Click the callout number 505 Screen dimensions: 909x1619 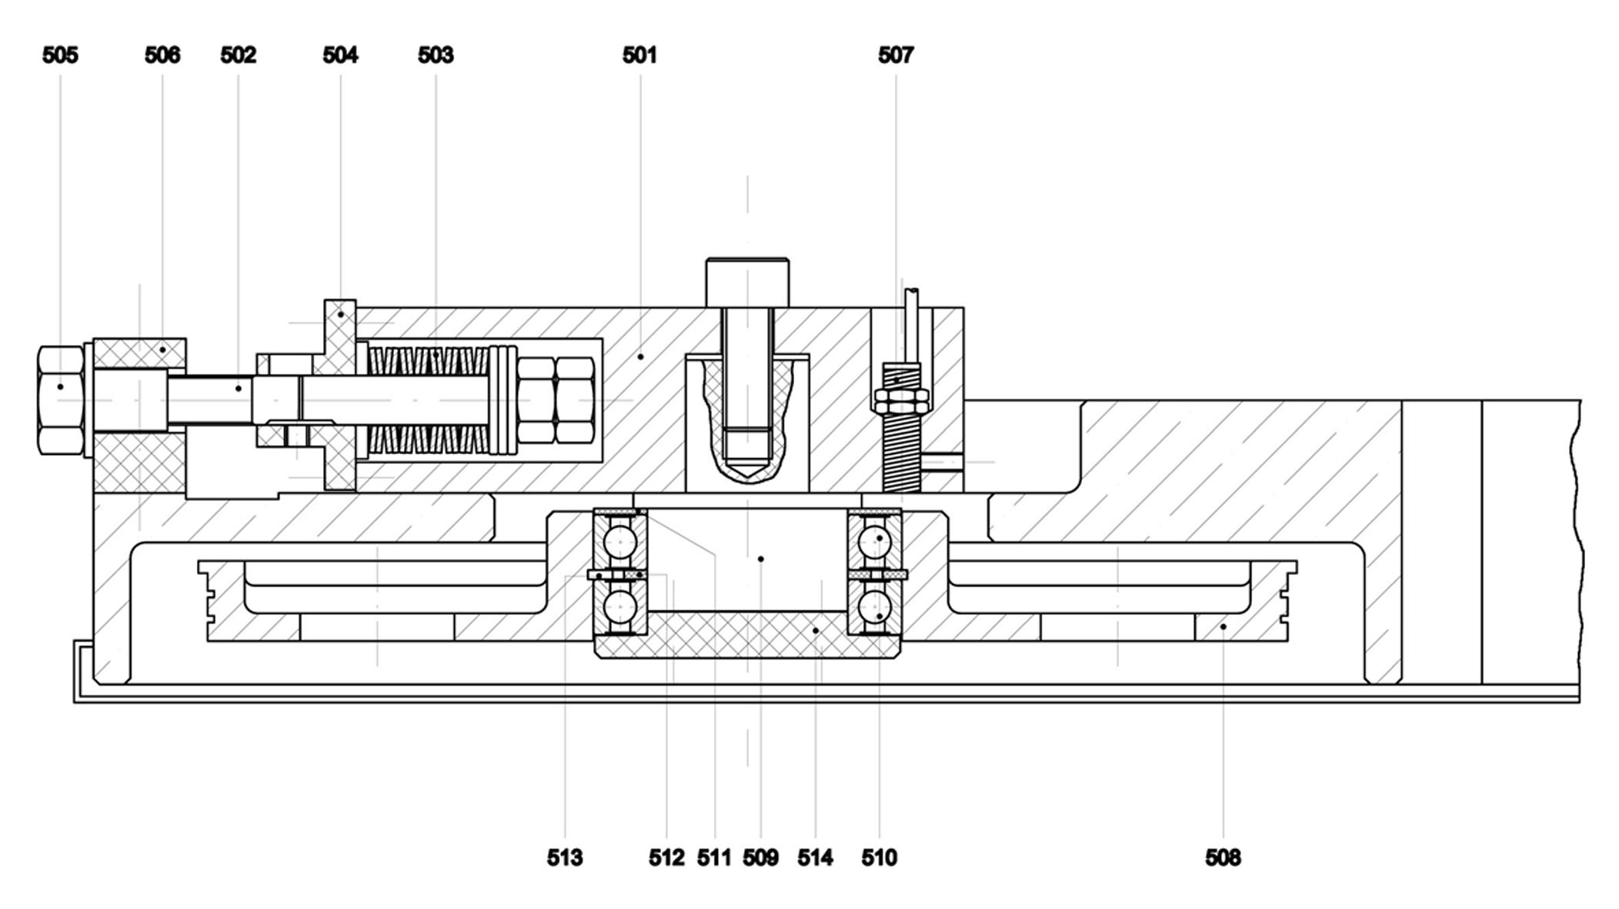click(x=60, y=55)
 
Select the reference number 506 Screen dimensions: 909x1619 click(x=162, y=55)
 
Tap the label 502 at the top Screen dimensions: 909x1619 click(x=238, y=55)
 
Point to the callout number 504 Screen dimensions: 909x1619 click(x=340, y=55)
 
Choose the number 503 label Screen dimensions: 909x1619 click(x=436, y=55)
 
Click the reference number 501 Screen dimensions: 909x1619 click(x=639, y=55)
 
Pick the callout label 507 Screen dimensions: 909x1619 click(x=896, y=55)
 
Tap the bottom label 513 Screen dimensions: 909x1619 click(x=565, y=857)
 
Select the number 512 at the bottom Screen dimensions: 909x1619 click(x=666, y=857)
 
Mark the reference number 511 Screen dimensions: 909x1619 click(x=714, y=857)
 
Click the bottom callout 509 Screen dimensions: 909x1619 click(x=760, y=857)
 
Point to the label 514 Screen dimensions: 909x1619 click(x=815, y=857)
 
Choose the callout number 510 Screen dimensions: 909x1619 click(x=879, y=857)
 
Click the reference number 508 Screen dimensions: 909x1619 click(x=1223, y=857)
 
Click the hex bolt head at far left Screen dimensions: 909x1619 click(x=61, y=400)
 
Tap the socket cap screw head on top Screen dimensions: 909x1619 click(x=747, y=282)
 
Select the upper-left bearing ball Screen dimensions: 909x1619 click(x=619, y=541)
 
